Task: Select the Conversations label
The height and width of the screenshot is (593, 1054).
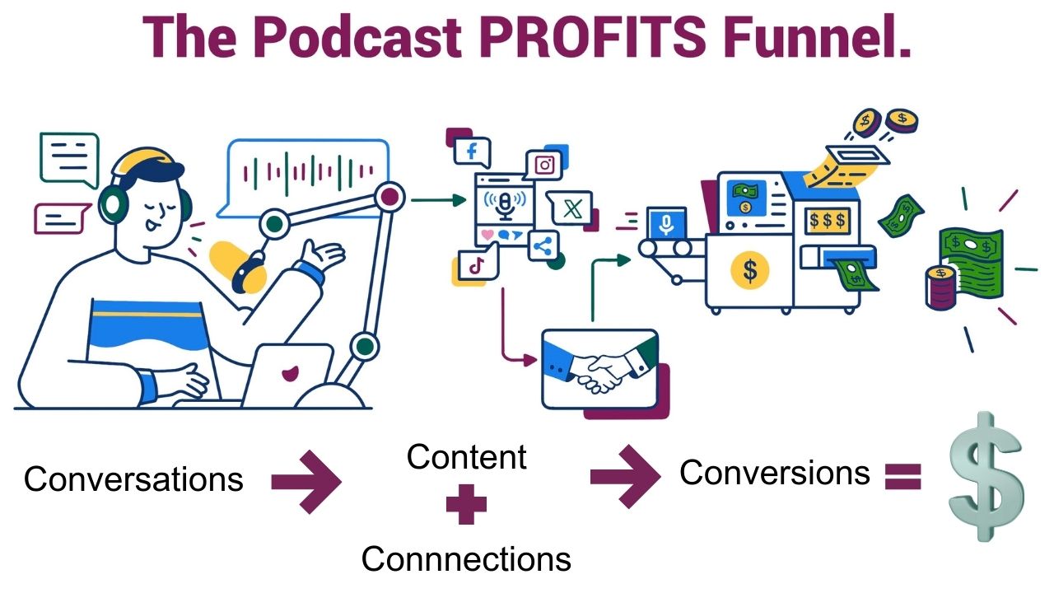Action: pyautogui.click(x=133, y=479)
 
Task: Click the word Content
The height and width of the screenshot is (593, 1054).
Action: pyautogui.click(x=467, y=457)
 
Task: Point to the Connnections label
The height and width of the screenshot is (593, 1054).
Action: pyautogui.click(x=466, y=559)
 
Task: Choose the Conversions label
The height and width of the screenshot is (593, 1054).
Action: pyautogui.click(x=775, y=472)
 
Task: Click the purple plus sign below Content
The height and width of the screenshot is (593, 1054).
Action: pyautogui.click(x=466, y=506)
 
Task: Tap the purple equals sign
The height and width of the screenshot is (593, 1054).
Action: pyautogui.click(x=902, y=477)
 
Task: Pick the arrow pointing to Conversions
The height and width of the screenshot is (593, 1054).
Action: pyautogui.click(x=625, y=476)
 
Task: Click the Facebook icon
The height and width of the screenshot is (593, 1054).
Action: pyautogui.click(x=473, y=152)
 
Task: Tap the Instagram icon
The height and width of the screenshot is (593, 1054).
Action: pyautogui.click(x=543, y=166)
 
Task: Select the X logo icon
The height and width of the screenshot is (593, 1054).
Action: pyautogui.click(x=567, y=209)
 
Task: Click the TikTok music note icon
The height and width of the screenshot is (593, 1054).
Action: pyautogui.click(x=475, y=265)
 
